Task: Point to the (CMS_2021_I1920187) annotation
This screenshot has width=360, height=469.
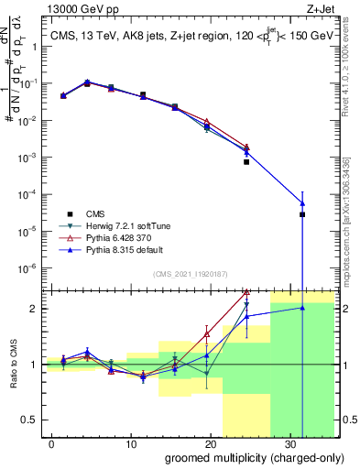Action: coord(190,273)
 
